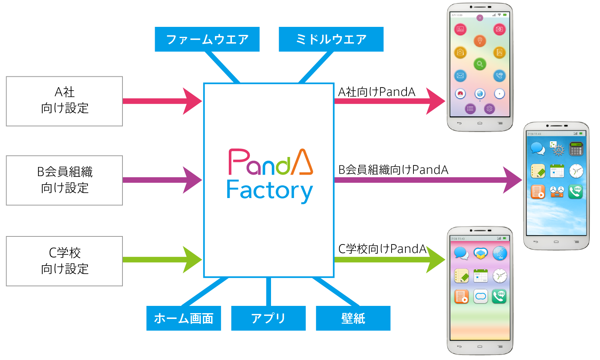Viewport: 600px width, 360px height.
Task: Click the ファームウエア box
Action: (207, 39)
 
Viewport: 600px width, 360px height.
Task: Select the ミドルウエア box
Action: (331, 39)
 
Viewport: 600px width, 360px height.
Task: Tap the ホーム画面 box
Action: (183, 318)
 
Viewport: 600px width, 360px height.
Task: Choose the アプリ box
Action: (268, 318)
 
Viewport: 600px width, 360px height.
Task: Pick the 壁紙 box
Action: (353, 318)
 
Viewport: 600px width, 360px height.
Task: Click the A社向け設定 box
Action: (64, 101)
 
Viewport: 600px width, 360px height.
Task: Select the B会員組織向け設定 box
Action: (64, 180)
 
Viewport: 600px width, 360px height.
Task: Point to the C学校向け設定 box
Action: (64, 261)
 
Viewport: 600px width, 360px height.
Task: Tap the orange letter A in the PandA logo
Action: (302, 162)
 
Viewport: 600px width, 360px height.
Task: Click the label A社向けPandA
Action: (377, 92)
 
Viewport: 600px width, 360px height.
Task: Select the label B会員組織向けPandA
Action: (393, 170)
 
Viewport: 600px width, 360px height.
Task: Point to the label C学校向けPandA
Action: (382, 249)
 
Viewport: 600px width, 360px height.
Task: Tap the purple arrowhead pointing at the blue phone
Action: (512, 180)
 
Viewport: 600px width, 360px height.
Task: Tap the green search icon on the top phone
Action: (480, 64)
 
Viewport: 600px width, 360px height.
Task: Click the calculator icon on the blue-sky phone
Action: (576, 149)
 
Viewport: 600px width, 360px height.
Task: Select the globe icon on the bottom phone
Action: (499, 253)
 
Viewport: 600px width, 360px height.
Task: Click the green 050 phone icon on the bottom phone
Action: (499, 296)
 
